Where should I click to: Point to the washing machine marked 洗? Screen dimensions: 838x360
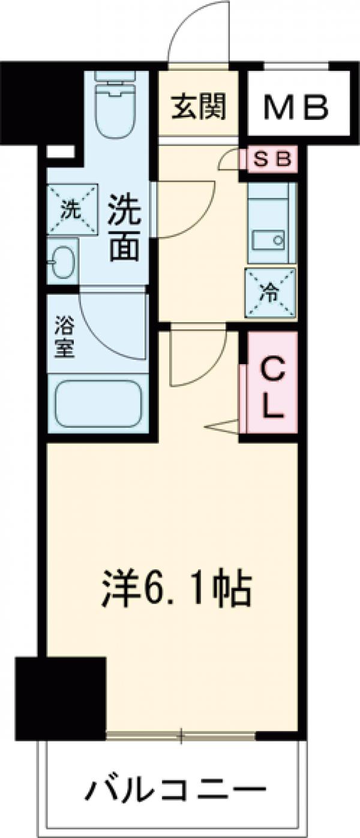(x=71, y=210)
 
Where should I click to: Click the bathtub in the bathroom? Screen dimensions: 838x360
(x=97, y=404)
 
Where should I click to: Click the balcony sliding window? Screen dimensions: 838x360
(x=181, y=734)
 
